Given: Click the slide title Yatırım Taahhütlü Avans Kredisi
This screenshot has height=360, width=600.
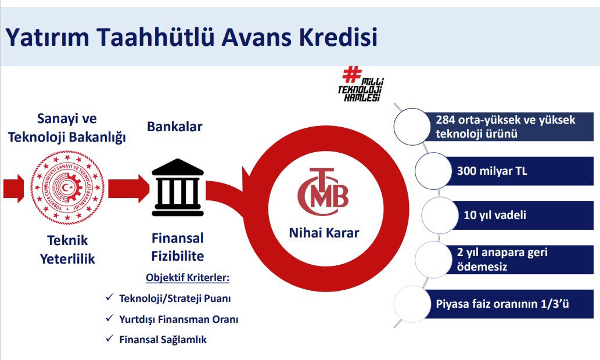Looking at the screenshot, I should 191,37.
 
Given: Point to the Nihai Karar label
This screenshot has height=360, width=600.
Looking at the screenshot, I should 324,233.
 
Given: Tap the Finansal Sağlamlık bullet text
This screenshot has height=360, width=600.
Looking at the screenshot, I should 163,340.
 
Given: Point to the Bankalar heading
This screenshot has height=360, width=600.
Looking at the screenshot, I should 174,127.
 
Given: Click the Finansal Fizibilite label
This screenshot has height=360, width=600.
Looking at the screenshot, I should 178,247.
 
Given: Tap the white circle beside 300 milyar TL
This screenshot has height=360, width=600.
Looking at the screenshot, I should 433,171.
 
